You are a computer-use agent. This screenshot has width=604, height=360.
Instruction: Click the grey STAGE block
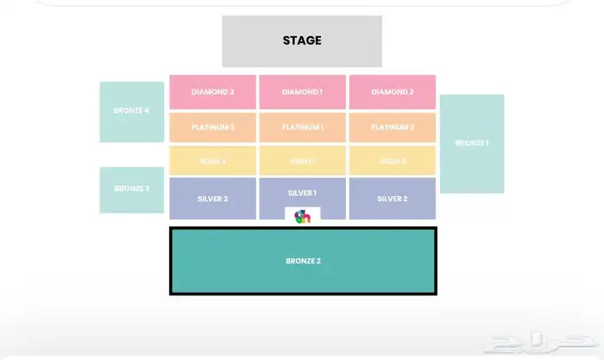coord(302,41)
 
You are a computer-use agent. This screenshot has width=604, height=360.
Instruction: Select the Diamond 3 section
coord(212,92)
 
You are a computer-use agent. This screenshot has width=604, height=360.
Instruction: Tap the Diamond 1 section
coord(302,92)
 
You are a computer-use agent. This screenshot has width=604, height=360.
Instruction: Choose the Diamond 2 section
coord(392,92)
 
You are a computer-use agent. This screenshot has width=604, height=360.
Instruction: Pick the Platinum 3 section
coord(212,127)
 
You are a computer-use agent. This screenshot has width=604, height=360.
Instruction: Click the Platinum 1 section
coord(302,127)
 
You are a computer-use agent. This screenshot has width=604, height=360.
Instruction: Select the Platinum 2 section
coord(392,127)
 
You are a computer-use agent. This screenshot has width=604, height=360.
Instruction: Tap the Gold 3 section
coord(212,161)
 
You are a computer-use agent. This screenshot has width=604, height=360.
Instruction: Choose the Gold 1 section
coord(302,161)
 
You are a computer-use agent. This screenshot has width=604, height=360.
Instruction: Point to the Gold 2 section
coord(392,161)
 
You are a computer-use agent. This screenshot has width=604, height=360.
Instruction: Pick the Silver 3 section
coord(212,199)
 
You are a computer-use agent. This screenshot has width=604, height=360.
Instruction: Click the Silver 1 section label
coord(302,193)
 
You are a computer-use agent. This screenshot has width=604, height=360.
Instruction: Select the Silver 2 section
coord(392,199)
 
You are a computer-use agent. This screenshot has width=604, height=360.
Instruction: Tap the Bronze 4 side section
coord(131,111)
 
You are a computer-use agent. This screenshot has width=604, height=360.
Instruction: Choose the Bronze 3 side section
coord(131,189)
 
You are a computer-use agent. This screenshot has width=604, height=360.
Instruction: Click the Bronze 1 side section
coord(471,143)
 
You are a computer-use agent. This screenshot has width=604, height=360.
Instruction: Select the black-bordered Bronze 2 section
coord(302,261)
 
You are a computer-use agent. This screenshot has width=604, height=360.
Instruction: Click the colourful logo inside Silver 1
coord(302,216)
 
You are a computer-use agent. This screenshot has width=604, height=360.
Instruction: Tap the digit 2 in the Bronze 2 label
coord(318,261)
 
